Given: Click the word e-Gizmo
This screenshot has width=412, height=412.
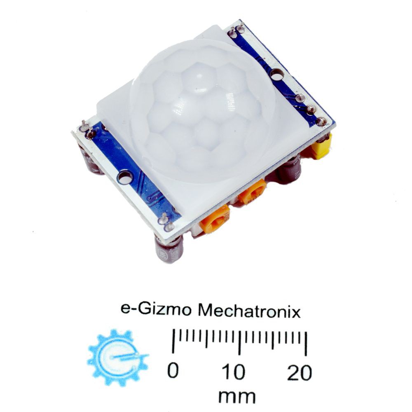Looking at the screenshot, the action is [156, 309].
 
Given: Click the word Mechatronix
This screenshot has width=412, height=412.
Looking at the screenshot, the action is [249, 311].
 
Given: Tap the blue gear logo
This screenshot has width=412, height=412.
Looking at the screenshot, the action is [118, 358].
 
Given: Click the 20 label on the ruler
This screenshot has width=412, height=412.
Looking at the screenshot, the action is [299, 373].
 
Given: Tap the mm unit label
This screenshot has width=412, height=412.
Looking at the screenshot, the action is [237, 396].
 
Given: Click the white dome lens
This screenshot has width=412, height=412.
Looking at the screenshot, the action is [204, 110].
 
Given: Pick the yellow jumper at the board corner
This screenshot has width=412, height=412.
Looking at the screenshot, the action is [321, 147].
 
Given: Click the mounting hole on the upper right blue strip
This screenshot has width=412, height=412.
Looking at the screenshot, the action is [277, 75].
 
